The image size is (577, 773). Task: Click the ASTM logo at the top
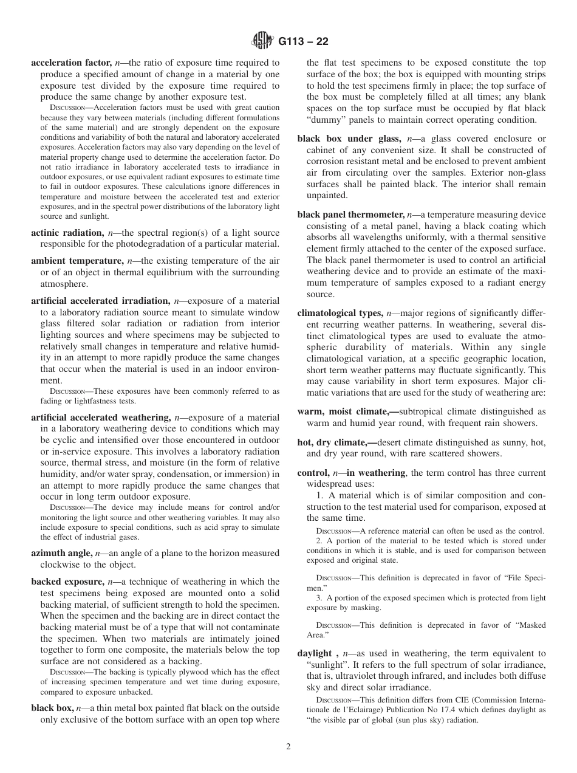262,41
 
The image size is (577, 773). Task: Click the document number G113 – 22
303,42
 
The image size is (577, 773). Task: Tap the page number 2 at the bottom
288,747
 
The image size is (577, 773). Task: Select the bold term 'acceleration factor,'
71,63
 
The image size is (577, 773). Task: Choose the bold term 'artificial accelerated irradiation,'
100,301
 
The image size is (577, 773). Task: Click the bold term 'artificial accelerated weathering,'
100,417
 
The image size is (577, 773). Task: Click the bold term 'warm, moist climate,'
347,411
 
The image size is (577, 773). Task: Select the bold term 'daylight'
315,653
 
